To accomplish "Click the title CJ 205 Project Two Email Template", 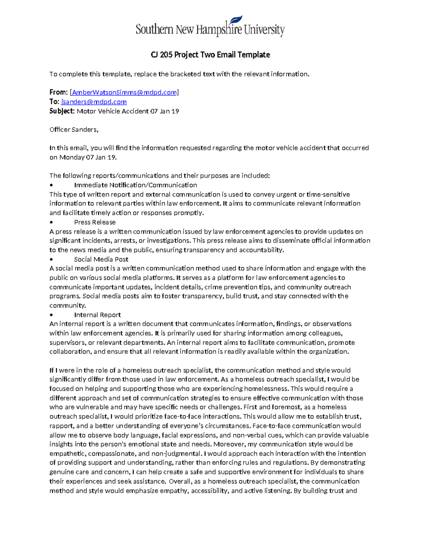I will click(210, 55).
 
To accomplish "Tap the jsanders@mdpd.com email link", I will click(94, 102).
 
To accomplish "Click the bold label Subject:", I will click(62, 111).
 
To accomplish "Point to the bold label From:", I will click(58, 92).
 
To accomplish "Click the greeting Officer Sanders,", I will click(74, 129).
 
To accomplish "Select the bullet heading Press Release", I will click(95, 222).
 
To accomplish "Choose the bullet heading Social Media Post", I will click(101, 259).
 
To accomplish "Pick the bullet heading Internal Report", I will click(97, 315).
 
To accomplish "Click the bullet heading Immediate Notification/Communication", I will click(135, 185).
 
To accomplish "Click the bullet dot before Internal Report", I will click(51, 315).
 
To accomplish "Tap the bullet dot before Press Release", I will click(51, 222).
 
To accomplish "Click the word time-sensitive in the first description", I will click(328, 194).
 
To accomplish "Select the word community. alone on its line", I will click(67, 305).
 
